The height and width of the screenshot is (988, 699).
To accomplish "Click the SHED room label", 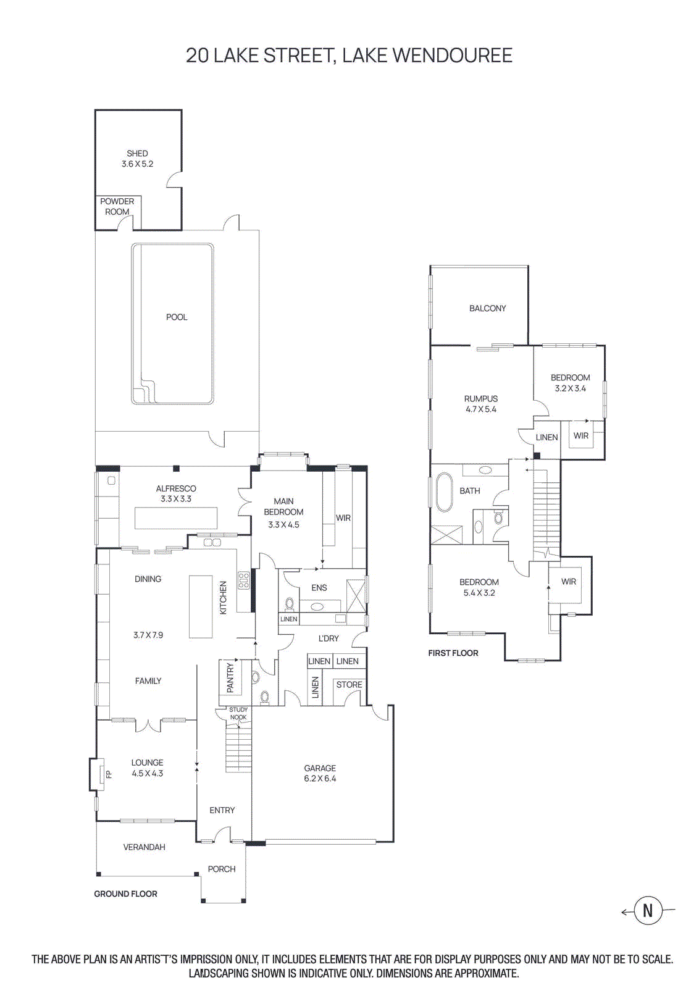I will [x=137, y=158].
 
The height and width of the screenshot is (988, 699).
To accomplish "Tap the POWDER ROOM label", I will [x=117, y=206].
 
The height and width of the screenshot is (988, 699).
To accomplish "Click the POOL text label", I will [x=177, y=317].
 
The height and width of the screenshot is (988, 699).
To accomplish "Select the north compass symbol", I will [x=647, y=910].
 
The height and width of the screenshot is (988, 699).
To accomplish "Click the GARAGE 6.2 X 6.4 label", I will [x=320, y=773].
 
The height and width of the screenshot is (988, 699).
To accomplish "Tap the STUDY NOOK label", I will [x=238, y=713].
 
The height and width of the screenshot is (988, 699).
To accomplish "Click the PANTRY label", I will [x=230, y=677].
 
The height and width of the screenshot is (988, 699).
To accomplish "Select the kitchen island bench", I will [x=200, y=606].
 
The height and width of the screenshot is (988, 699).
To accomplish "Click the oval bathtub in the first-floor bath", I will [x=443, y=492].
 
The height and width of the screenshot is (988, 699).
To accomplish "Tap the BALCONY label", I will [x=487, y=308].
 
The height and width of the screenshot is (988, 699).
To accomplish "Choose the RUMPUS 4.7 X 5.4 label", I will [x=481, y=404].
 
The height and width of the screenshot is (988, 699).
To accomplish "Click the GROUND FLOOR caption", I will [x=125, y=894].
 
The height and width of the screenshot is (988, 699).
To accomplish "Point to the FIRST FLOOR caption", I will [x=453, y=653].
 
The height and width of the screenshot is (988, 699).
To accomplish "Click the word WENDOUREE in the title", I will [x=452, y=55].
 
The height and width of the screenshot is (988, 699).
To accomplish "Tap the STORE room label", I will [x=349, y=684].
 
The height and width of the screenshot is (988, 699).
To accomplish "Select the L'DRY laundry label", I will [x=329, y=638].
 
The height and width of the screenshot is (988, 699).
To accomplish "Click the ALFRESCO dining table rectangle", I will [x=176, y=518].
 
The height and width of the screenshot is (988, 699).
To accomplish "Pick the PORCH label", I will [x=222, y=869].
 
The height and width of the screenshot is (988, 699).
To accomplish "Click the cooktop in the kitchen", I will [x=244, y=579].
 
